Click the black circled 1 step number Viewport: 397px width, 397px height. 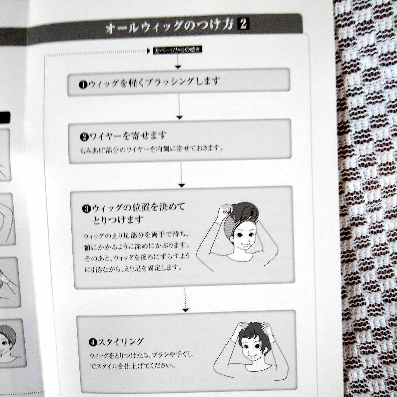(x=82, y=85)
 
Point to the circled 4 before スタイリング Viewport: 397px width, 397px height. (x=92, y=342)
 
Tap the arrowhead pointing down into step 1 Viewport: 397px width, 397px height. (x=178, y=67)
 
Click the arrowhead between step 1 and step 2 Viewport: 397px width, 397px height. (x=179, y=117)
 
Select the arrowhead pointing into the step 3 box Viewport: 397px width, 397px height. (x=182, y=185)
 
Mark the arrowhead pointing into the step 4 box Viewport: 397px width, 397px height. (x=186, y=310)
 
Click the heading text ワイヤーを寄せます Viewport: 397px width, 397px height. (x=127, y=136)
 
